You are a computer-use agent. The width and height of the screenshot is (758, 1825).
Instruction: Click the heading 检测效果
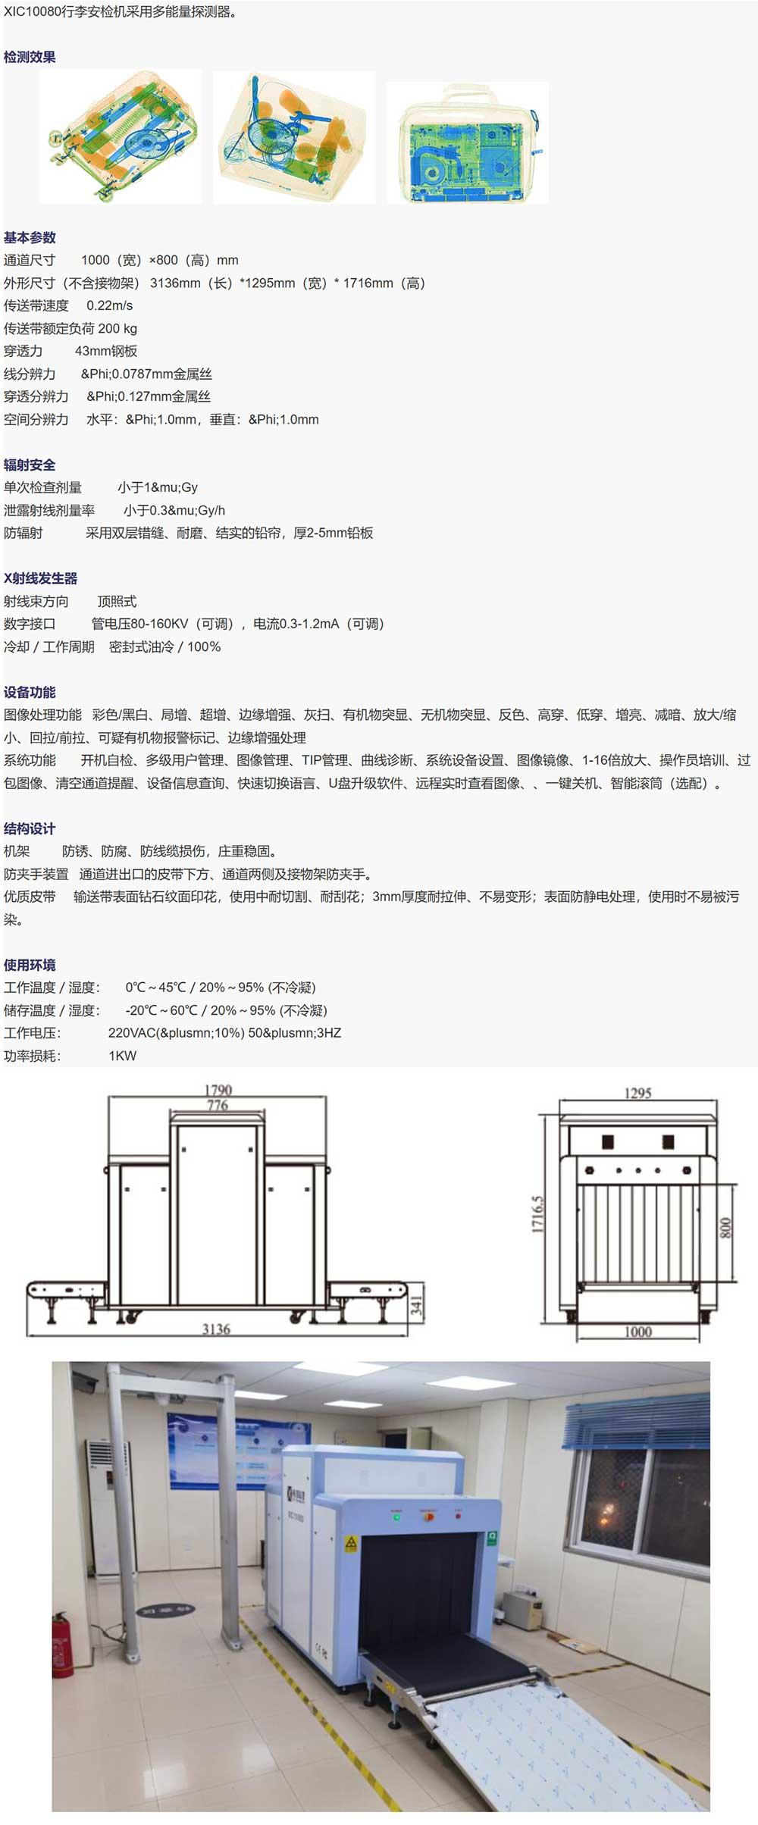[x=30, y=57]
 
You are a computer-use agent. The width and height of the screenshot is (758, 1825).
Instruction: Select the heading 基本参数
[x=30, y=237]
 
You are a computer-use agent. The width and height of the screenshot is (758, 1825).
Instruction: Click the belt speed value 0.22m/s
[x=109, y=305]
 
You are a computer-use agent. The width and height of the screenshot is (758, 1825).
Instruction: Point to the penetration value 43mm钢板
[x=106, y=351]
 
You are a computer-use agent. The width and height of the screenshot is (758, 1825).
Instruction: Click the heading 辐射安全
[x=30, y=465]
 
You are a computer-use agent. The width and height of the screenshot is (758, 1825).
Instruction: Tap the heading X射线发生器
[x=41, y=578]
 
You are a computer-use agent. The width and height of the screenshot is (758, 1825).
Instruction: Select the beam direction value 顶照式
[x=117, y=601]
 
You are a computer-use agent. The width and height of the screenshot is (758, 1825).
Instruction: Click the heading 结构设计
[x=30, y=828]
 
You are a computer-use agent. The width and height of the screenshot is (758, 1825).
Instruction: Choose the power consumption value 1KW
[x=122, y=1056]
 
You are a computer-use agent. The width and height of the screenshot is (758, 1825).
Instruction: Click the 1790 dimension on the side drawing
[x=218, y=1091]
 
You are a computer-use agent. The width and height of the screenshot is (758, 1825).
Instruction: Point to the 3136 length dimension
[x=216, y=1329]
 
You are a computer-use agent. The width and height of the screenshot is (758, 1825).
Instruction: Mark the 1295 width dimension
[x=637, y=1093]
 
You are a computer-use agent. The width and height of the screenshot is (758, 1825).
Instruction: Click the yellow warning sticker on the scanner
[x=351, y=1545]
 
